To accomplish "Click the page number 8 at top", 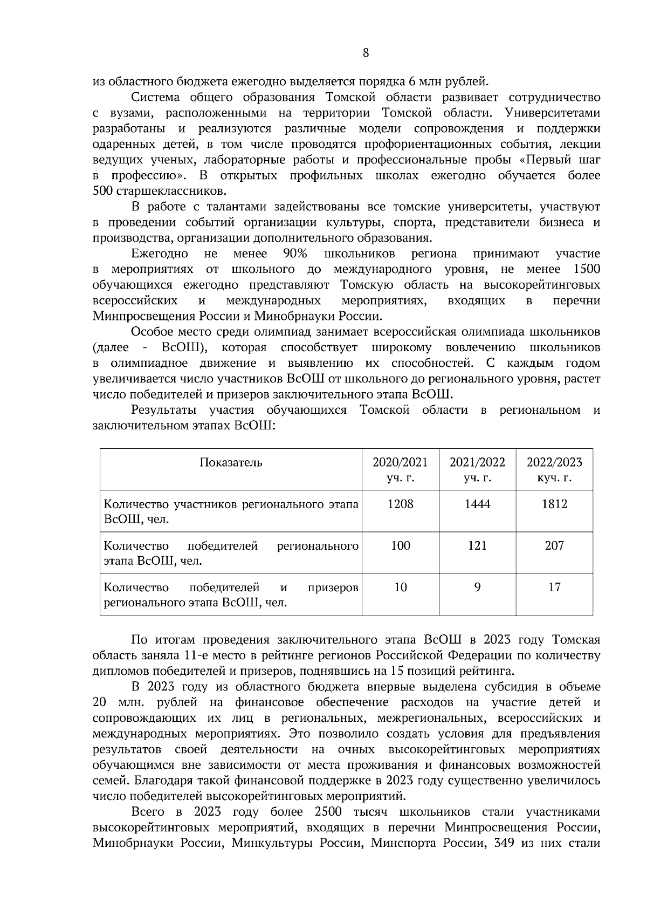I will pyautogui.click(x=366, y=52).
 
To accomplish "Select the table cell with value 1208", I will pyautogui.click(x=400, y=504).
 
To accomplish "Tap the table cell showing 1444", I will pyautogui.click(x=477, y=504).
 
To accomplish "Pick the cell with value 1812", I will pyautogui.click(x=554, y=504).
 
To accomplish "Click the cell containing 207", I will pyautogui.click(x=554, y=545).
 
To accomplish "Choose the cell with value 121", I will pyautogui.click(x=477, y=545).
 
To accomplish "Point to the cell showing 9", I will pyautogui.click(x=477, y=587).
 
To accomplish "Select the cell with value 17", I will pyautogui.click(x=554, y=587).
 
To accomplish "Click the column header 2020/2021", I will pyautogui.click(x=400, y=462).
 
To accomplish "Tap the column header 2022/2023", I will pyautogui.click(x=554, y=462).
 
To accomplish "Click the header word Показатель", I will pyautogui.click(x=231, y=462).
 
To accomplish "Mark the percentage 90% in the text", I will pyautogui.click(x=295, y=254).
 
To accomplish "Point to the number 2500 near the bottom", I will pyautogui.click(x=328, y=812).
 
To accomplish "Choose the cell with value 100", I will pyautogui.click(x=400, y=545).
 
